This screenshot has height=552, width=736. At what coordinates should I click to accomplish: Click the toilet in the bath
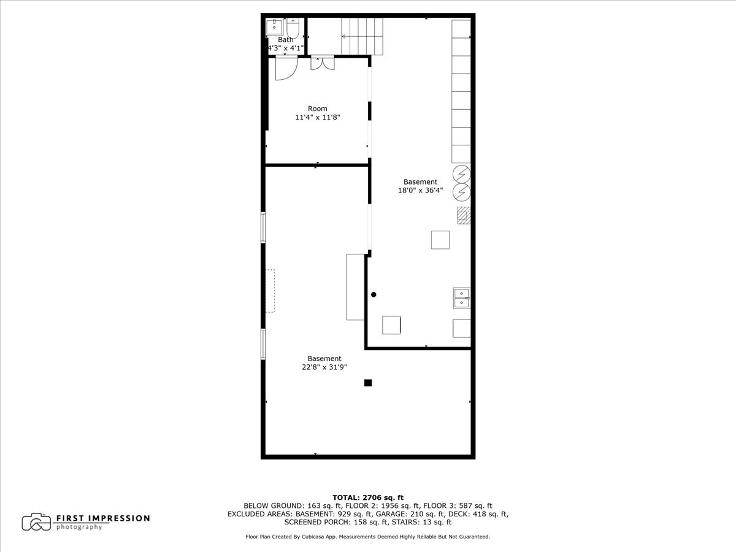click(x=293, y=28)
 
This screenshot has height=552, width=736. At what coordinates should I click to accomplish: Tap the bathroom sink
click(x=274, y=28)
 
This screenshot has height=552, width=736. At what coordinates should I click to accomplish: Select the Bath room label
click(x=285, y=40)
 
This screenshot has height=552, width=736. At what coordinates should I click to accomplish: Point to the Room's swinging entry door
click(x=285, y=68)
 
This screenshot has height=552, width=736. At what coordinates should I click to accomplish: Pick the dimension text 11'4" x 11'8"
click(x=318, y=117)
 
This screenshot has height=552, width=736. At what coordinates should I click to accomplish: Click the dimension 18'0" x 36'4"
click(x=420, y=190)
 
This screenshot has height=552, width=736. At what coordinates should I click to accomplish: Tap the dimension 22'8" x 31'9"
click(x=324, y=367)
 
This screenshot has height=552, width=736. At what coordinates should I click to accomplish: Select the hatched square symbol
click(x=464, y=215)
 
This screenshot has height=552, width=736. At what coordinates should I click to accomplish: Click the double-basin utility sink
click(x=462, y=297)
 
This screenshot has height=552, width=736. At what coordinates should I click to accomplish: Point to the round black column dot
click(x=374, y=294)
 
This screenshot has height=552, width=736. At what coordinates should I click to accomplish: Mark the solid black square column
click(x=368, y=383)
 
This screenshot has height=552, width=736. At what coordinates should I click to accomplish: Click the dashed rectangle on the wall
click(x=270, y=291)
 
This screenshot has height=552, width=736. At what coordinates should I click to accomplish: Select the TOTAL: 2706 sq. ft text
click(x=368, y=497)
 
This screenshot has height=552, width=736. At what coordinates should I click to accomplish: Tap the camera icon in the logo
click(x=36, y=522)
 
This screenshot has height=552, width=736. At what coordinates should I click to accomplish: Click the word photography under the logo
click(x=79, y=527)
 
